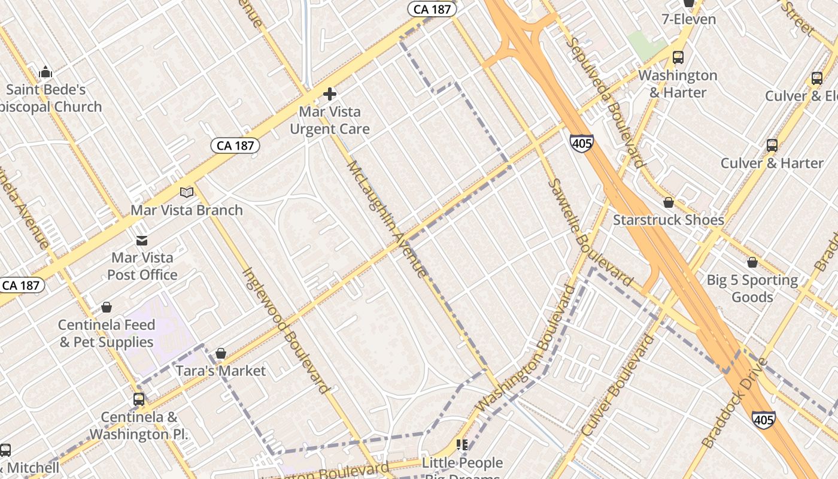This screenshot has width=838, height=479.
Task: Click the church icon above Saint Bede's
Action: [x=45, y=73]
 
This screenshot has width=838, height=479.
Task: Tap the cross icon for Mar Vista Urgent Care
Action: [x=329, y=94]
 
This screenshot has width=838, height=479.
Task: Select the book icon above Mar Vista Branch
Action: [x=187, y=192]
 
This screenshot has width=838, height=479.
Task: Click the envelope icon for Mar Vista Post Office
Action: [x=142, y=241]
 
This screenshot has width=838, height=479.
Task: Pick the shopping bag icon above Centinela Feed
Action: [x=107, y=308]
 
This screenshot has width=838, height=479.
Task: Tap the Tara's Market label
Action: [x=220, y=371]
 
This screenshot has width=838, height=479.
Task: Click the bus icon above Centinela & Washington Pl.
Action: [x=139, y=399]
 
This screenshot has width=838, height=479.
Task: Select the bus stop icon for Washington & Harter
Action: [x=678, y=57]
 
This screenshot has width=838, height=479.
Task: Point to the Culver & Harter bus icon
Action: [x=772, y=145]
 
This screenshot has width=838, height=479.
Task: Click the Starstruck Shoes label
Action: [x=668, y=220]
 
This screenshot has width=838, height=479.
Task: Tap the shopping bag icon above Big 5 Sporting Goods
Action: [x=752, y=263]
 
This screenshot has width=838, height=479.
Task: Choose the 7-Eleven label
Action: [x=688, y=19]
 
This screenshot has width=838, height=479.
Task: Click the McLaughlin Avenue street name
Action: [x=387, y=219]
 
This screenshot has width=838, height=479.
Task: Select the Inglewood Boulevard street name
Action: [x=286, y=330]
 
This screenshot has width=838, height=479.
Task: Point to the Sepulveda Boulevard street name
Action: [x=605, y=102]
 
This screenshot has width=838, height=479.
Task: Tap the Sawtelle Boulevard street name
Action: [x=590, y=233]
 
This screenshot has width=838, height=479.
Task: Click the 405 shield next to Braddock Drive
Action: [x=764, y=420]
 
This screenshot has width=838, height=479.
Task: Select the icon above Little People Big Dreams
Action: [x=462, y=444]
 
